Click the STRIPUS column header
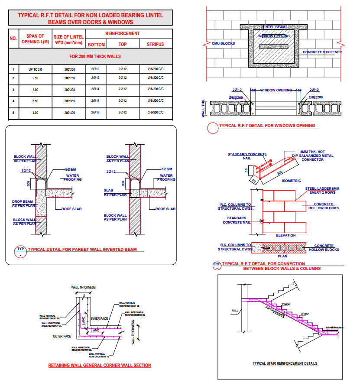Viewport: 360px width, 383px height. tap(155, 44)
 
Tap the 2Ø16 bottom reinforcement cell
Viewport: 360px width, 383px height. tap(95, 113)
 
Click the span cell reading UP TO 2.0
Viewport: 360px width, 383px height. tap(36, 69)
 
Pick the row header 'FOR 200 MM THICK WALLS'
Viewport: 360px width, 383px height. tap(95, 56)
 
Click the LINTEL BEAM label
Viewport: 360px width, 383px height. tap(273, 27)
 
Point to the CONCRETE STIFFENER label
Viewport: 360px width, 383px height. tap(322, 52)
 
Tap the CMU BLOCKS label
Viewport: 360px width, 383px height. tap(223, 44)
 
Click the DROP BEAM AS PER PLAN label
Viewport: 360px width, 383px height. tap(24, 203)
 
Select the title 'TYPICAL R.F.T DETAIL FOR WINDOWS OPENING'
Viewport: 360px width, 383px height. tap(267, 126)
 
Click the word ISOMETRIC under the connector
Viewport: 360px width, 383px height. tap(291, 181)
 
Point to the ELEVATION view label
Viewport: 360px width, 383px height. tap(285, 235)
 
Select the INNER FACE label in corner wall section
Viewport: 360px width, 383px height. tap(99, 319)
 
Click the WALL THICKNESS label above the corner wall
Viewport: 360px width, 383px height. tap(83, 287)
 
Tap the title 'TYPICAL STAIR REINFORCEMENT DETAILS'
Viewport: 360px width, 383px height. tap(285, 364)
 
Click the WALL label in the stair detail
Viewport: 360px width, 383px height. tap(235, 311)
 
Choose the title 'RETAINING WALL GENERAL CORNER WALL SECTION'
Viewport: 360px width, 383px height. tap(99, 365)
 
